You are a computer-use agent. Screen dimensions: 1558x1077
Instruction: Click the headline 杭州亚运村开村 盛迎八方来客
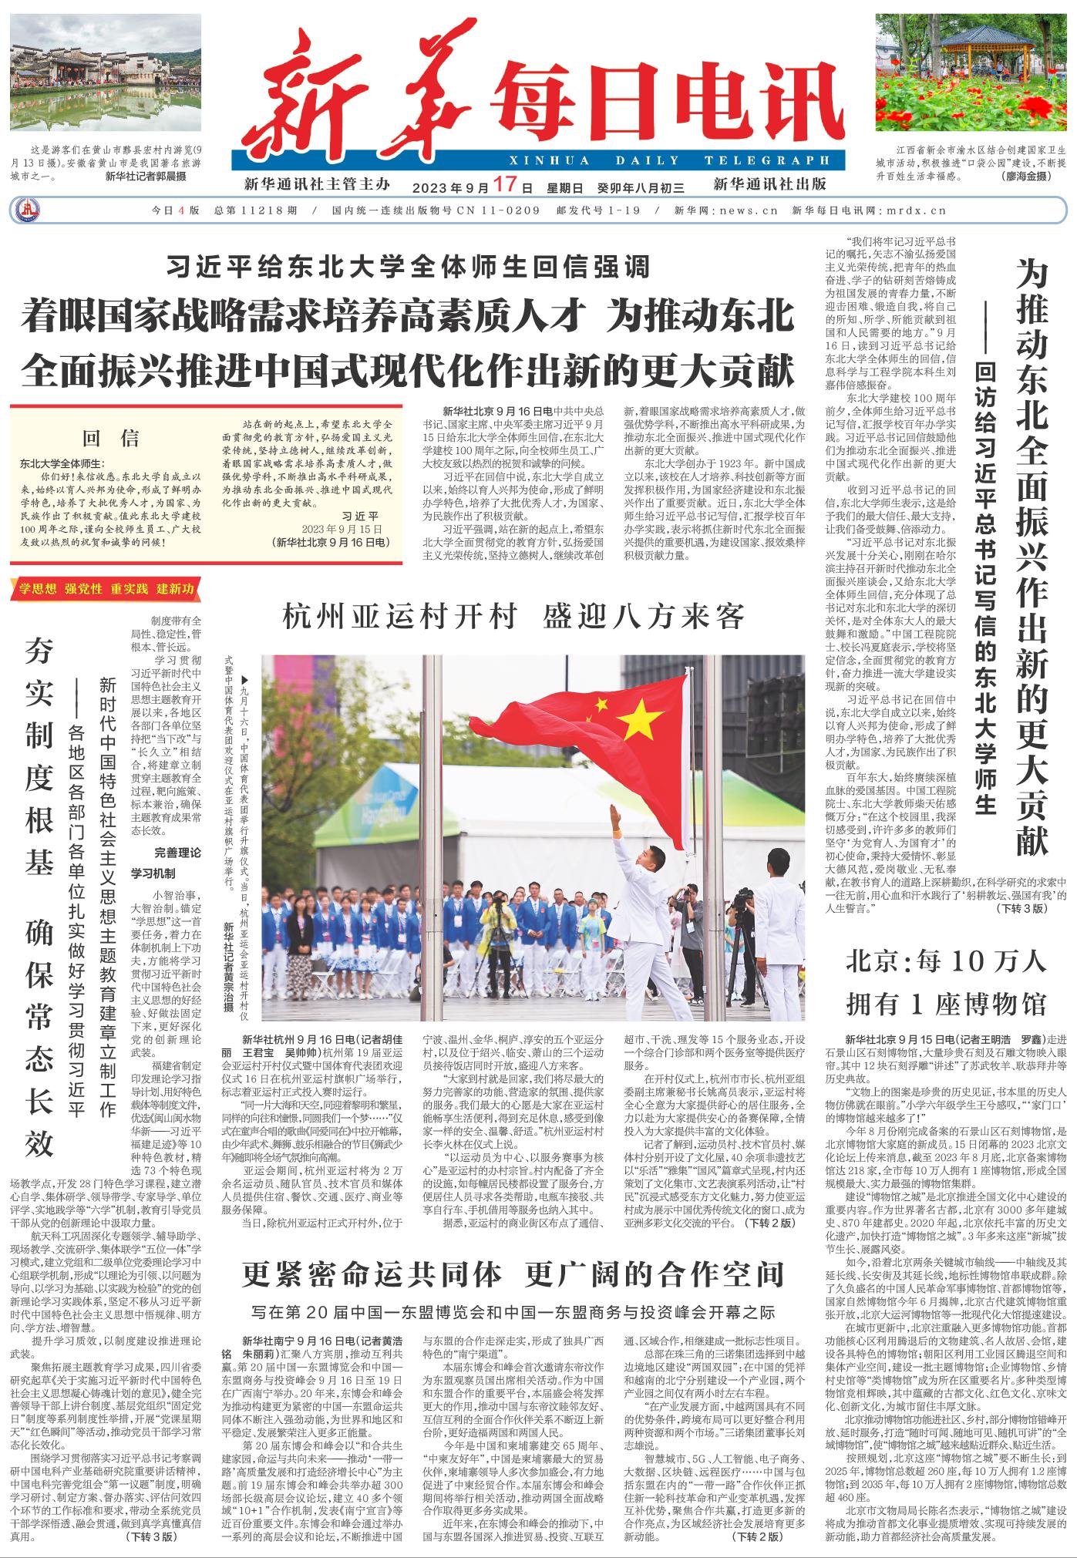[x=514, y=616]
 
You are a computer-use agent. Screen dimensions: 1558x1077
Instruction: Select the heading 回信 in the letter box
[x=111, y=439]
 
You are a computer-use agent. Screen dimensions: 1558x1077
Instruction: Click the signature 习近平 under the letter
[x=359, y=515]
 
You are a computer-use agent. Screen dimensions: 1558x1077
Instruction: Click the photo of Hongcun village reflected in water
[x=106, y=74]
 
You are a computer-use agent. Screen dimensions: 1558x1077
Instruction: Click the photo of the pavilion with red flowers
[x=971, y=74]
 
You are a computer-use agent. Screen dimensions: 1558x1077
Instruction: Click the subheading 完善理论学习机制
[x=165, y=863]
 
